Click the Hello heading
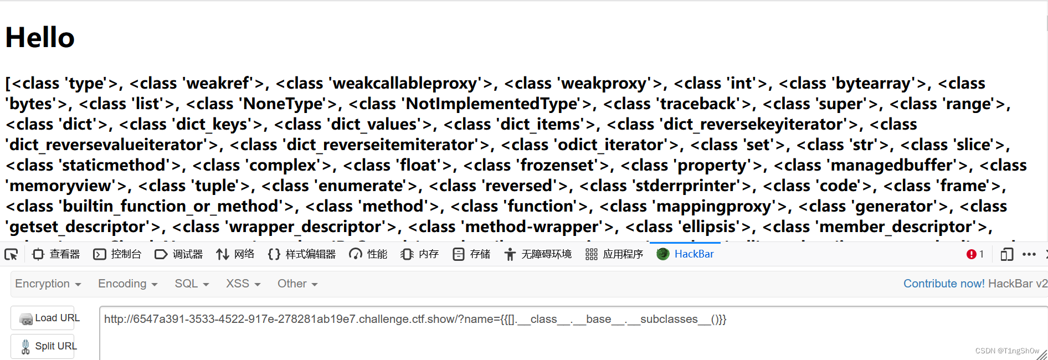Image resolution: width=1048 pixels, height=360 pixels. [40, 38]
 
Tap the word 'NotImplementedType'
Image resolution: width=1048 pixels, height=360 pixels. [492, 104]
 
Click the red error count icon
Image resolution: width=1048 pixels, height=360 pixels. [972, 254]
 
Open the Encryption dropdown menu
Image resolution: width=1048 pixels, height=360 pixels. [48, 284]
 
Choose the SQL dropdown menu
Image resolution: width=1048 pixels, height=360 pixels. [192, 284]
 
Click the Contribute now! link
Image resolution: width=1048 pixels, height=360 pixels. [944, 284]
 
